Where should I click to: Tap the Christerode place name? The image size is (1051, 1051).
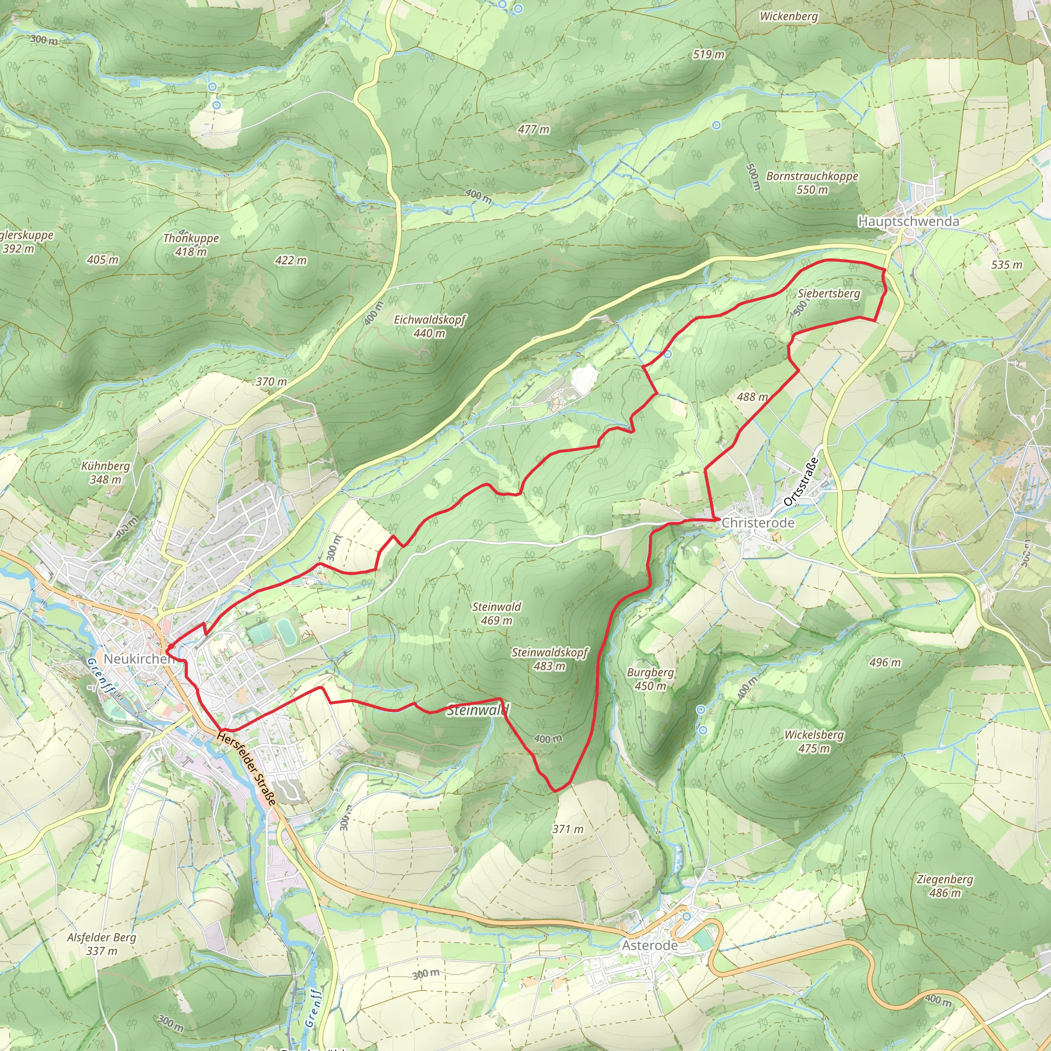pos(758,523)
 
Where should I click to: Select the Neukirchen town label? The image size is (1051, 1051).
pos(138,659)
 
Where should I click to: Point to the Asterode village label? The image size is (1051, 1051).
pos(650,945)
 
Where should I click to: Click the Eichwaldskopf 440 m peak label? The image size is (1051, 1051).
pos(430,326)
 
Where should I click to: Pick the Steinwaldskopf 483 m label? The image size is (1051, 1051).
pos(550,659)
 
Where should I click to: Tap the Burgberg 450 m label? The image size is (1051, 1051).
pos(650,679)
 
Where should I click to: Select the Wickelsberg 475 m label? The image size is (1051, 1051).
pos(814,742)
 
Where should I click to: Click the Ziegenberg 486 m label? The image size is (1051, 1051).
pos(945,886)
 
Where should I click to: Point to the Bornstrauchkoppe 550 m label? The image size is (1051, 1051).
pos(812,183)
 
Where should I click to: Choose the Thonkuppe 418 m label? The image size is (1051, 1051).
pos(191,245)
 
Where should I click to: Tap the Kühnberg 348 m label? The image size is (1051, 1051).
pos(106,473)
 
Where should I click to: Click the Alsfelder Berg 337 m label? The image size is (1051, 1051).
pos(102,944)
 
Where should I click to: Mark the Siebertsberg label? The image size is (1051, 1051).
pos(829,294)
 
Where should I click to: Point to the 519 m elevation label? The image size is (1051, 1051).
pos(709,54)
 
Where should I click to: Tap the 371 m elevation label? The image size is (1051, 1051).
pos(568,829)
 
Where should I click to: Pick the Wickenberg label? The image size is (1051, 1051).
pos(788,16)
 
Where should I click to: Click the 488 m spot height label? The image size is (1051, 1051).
pos(752,397)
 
